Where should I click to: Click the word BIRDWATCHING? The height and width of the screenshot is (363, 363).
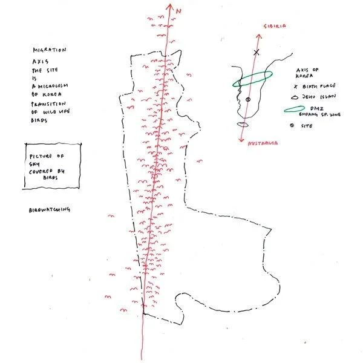[x=50, y=210]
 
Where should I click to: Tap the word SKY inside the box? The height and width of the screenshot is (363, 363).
[x=34, y=163]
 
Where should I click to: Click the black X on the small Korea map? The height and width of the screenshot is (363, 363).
[x=256, y=53]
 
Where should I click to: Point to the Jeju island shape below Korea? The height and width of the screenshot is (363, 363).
[x=244, y=124]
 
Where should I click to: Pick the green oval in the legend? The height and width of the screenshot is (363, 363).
[x=294, y=110]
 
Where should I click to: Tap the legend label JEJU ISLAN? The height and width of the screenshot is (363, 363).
[x=318, y=96]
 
